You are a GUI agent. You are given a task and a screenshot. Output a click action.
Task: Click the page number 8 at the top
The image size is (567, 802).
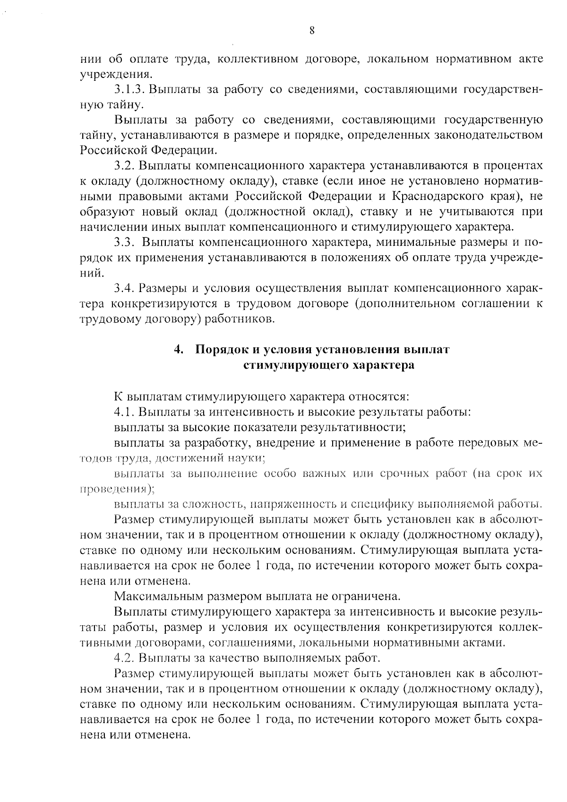click(312, 31)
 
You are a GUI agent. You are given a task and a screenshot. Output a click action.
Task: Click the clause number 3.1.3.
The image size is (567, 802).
click(128, 89)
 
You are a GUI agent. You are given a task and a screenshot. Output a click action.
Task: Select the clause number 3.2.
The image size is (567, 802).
click(125, 166)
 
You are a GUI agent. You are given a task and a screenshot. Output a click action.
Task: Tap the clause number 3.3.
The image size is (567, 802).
click(125, 242)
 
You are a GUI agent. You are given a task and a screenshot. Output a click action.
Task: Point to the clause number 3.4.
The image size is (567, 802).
click(125, 288)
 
